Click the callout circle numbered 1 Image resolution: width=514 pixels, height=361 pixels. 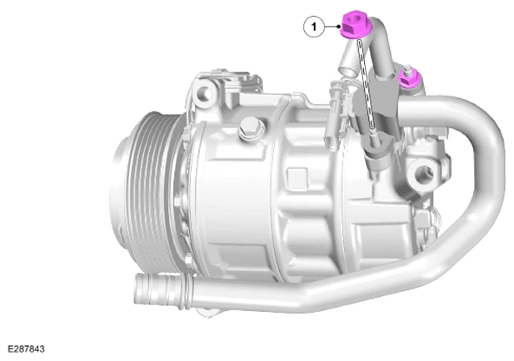tap(314, 27)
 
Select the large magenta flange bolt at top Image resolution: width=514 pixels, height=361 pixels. tap(356, 25)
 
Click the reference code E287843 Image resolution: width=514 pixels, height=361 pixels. tap(26, 349)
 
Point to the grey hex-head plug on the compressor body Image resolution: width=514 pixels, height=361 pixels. tap(250, 129)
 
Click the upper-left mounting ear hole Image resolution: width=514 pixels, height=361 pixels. tap(205, 92)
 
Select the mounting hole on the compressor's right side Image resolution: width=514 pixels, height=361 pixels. tap(424, 174)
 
